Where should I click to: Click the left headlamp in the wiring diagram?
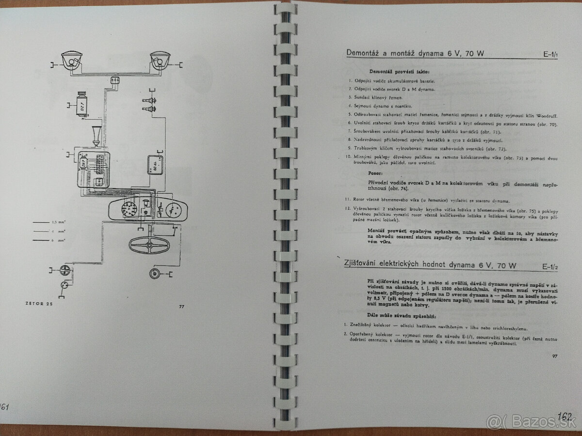coord(72,61)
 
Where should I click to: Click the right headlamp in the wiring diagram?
coord(160,61)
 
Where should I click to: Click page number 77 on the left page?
coord(181,307)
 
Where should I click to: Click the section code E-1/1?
coord(550,55)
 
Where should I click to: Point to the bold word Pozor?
coord(375,172)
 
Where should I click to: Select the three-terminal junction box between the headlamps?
coord(115,79)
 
